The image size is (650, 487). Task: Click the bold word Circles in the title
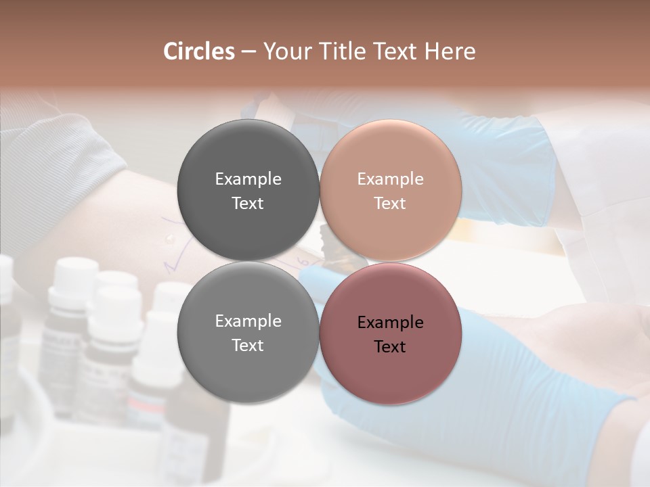[198, 51]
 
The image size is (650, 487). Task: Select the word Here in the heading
[450, 51]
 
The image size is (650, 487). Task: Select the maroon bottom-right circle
[391, 372]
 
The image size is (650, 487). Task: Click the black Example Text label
[390, 334]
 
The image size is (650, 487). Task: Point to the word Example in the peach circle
[390, 179]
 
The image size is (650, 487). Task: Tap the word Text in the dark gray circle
[248, 204]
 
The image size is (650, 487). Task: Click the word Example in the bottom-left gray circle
[248, 321]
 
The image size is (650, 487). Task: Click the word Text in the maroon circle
[390, 347]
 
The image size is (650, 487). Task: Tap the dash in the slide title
[248, 52]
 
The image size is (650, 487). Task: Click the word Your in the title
[284, 51]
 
